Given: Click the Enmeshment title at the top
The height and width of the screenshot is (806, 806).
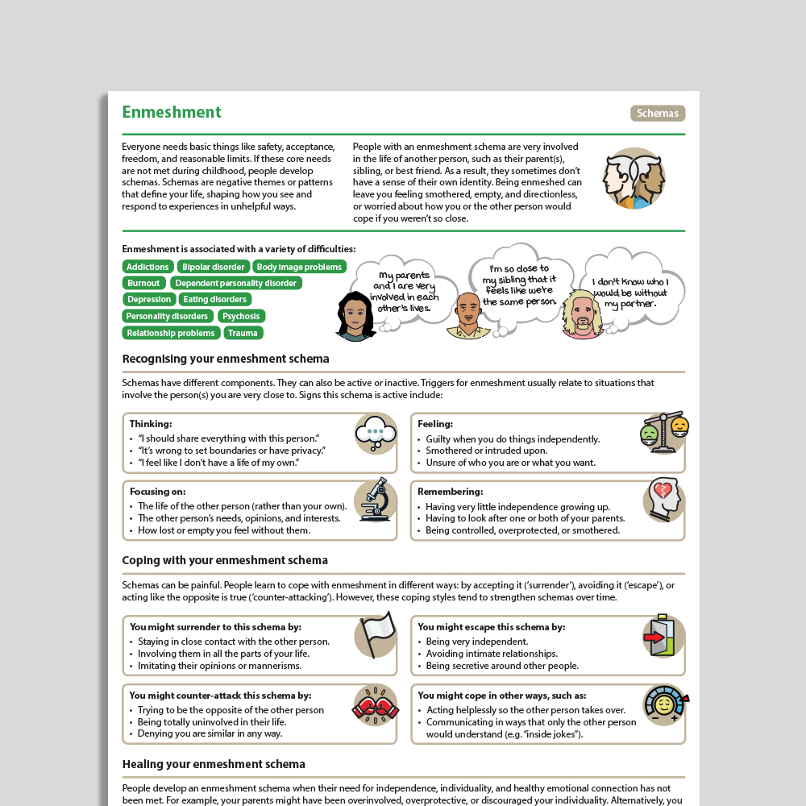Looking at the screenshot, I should point(172,112).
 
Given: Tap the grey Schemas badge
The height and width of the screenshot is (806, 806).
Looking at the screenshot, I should point(658,113).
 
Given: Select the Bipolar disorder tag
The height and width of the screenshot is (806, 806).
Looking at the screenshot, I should point(213,267).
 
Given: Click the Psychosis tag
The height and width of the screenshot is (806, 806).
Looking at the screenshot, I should point(241,316).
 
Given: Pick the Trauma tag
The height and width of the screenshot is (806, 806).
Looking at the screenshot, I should point(243,333).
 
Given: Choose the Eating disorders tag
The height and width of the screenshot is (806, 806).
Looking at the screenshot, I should point(214,300).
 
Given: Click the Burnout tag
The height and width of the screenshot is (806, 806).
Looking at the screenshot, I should point(143,283).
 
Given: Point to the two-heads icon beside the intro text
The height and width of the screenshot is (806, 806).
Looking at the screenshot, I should point(634,179).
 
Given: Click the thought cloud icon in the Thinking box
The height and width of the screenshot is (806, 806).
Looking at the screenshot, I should point(376,433).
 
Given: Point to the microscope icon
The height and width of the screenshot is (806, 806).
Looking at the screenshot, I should point(376,501).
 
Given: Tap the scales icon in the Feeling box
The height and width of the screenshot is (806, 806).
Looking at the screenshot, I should point(665,432).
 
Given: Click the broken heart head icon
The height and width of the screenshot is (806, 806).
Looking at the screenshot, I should point(664,500).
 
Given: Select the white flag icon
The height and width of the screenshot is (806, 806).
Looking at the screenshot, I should point(376,635).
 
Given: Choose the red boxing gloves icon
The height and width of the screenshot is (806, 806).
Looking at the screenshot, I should point(376,704).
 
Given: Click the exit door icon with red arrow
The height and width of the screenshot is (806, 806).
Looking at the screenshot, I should point(663,636).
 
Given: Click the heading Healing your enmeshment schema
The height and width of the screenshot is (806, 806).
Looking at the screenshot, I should point(214,764).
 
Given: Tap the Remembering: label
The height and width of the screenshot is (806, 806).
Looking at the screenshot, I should point(450,492).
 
